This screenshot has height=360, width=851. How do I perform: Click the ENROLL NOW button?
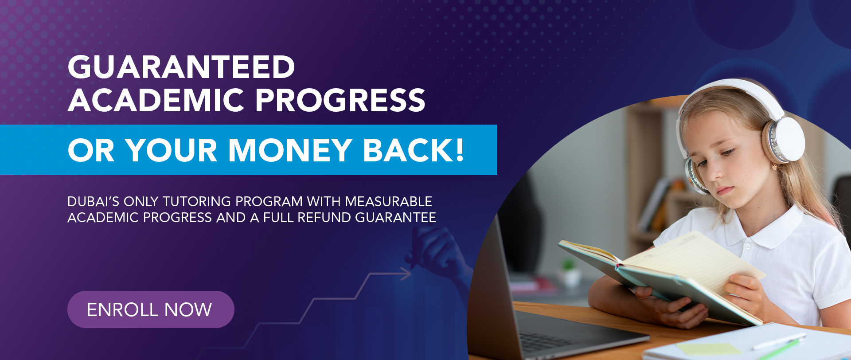151,309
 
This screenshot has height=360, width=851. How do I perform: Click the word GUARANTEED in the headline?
181,67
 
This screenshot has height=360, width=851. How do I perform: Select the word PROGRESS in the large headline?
340,100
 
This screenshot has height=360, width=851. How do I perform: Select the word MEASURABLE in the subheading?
389,201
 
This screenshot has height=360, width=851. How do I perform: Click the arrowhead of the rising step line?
406,274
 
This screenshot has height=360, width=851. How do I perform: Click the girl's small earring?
774,168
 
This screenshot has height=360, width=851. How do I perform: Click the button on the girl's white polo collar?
747,246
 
